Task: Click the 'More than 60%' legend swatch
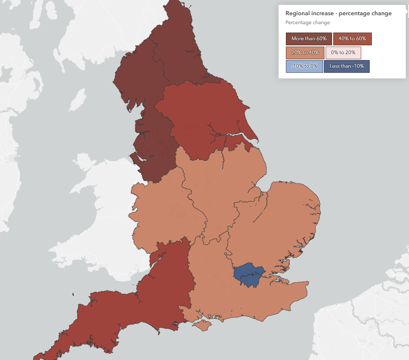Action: [x=309, y=39]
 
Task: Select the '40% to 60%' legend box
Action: [x=352, y=39]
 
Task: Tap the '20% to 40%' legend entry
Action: [x=305, y=53]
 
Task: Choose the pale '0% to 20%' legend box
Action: [x=343, y=53]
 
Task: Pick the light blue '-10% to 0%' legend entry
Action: [x=304, y=66]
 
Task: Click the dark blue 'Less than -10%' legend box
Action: [x=347, y=66]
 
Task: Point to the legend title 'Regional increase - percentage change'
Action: [x=338, y=14]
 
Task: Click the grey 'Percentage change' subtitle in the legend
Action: [x=307, y=23]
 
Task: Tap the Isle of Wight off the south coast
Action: [x=203, y=325]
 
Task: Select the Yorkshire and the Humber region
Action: [x=199, y=114]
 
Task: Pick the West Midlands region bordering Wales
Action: [x=165, y=212]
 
